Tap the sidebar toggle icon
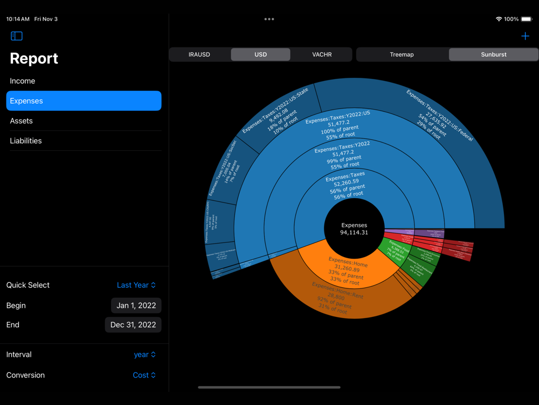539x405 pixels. point(17,36)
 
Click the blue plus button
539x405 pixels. point(525,36)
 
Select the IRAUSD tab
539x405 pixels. point(199,55)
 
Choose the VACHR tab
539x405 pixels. point(322,55)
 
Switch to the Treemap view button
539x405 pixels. point(402,55)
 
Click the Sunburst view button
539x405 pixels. point(493,55)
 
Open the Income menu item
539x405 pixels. point(23,81)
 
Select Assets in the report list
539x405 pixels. point(22,121)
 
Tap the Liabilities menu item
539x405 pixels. point(26,141)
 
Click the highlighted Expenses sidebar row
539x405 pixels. point(84,101)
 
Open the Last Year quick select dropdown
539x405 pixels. point(136,285)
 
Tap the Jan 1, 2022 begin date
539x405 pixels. point(136,306)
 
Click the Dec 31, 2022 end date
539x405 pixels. point(133,325)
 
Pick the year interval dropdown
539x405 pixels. point(144,355)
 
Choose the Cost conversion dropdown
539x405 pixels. point(144,375)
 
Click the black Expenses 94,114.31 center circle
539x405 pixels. point(354,228)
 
